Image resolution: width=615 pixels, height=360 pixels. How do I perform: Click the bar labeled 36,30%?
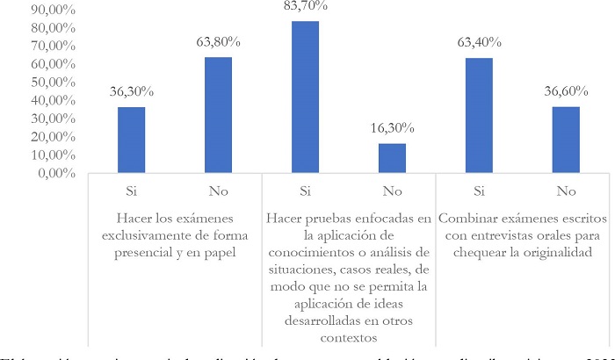click(x=133, y=140)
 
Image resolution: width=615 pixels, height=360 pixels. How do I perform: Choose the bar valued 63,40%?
click(x=480, y=115)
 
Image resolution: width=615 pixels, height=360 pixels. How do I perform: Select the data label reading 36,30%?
click(x=133, y=91)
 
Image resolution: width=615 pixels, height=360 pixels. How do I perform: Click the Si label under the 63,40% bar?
click(x=480, y=189)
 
